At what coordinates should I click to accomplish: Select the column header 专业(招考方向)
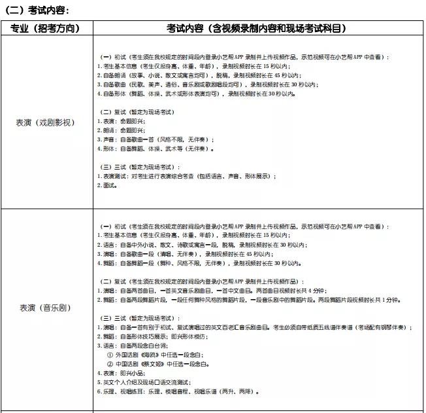[46, 28]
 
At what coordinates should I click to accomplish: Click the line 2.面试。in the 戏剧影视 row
[106, 185]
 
